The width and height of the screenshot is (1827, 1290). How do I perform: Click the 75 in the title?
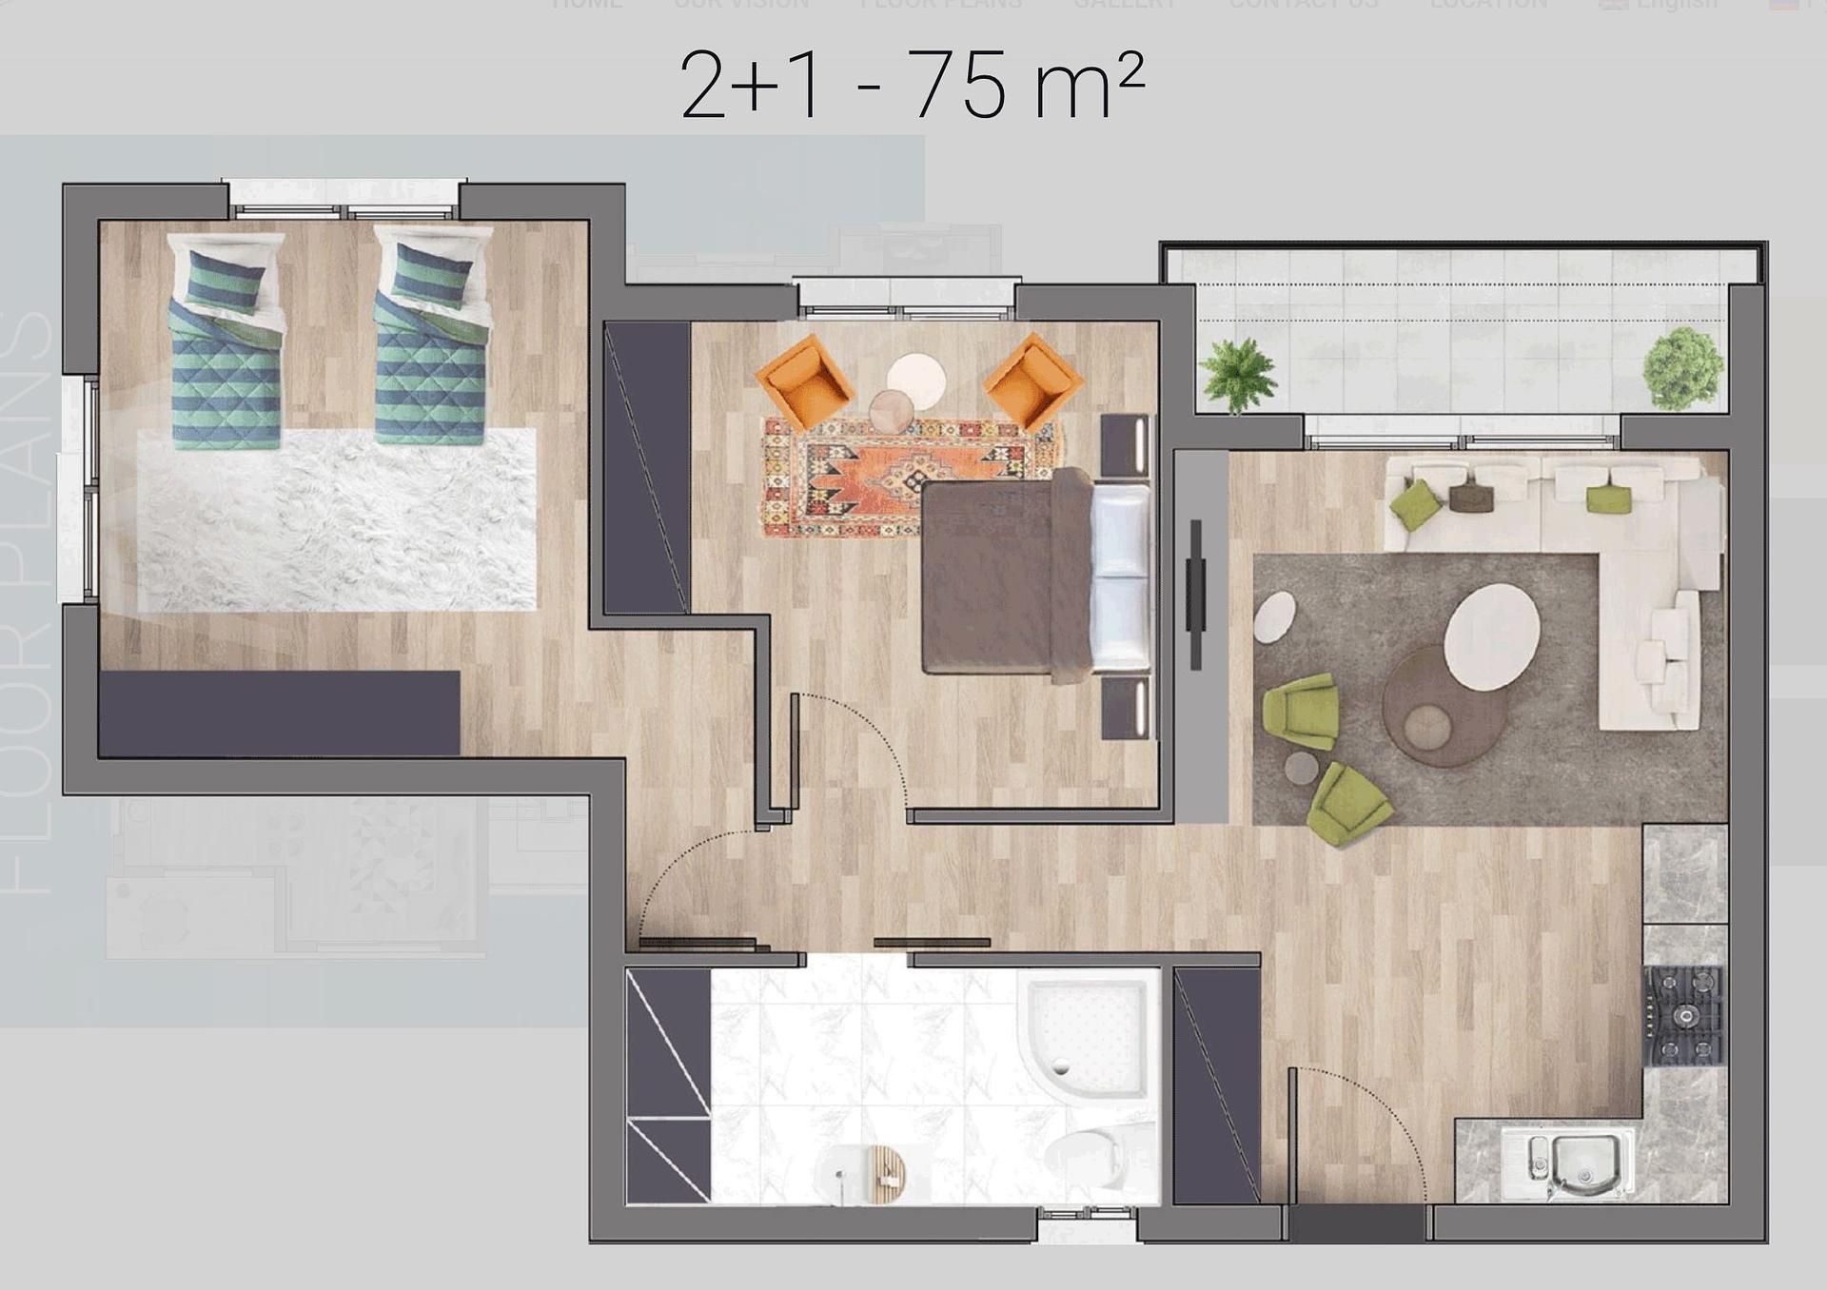(x=957, y=87)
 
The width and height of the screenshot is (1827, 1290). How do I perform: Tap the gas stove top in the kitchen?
(x=1685, y=1016)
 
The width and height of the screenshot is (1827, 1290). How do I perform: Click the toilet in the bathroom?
(x=1094, y=1156)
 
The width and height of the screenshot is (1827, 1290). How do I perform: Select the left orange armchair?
(x=805, y=381)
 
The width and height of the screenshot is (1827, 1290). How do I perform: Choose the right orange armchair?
(x=1032, y=381)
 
